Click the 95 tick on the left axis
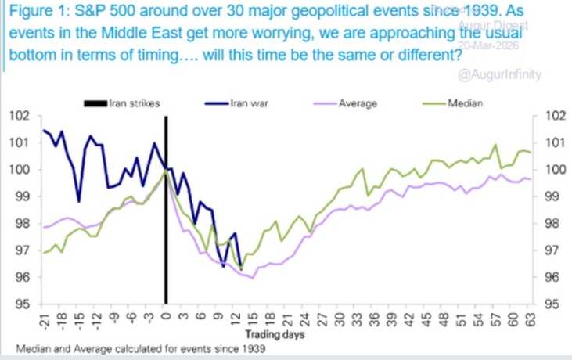(23, 304)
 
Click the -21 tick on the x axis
(45, 318)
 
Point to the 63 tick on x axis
(529, 317)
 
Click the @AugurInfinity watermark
(506, 75)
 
